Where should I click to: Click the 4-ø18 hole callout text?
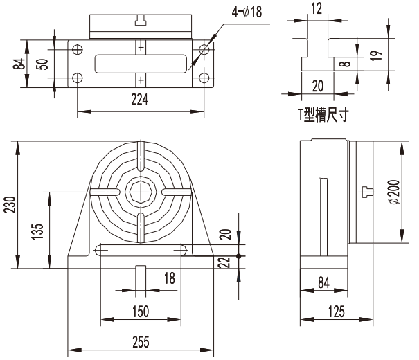pos(247,12)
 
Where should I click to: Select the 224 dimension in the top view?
pos(139,100)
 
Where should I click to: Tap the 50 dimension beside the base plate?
pos(42,64)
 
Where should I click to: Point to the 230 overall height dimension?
pos(10,204)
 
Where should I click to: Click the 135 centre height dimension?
pos(37,231)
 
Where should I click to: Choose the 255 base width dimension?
pos(141,342)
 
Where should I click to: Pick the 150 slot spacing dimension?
pos(141,312)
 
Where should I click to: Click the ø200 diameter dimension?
pos(395,192)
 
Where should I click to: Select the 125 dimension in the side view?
pos(337,312)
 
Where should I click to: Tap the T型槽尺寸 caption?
pos(323,115)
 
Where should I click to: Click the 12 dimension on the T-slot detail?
pos(317,8)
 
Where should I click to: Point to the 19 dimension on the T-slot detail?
pos(376,55)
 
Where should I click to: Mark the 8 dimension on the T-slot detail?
pos(346,64)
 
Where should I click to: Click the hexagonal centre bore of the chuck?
pos(141,192)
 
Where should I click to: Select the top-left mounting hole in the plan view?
pos(78,49)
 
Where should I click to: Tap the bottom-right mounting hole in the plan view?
pos(204,78)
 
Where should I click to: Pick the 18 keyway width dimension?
pos(170,278)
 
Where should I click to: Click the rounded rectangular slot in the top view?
pos(141,64)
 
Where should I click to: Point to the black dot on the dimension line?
pos(239,256)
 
